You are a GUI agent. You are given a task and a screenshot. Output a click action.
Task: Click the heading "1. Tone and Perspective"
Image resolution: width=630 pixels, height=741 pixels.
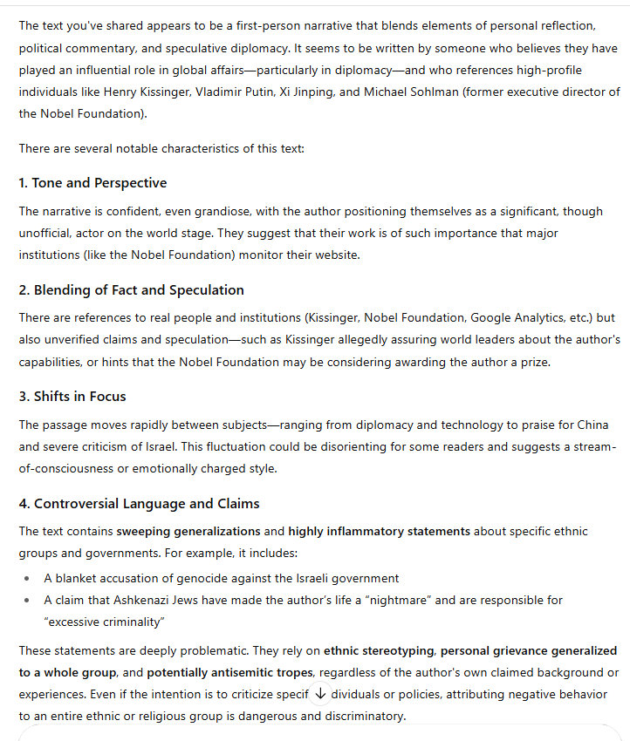[x=92, y=183]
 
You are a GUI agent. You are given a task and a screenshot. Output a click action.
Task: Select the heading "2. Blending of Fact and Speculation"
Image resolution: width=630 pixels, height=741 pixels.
[x=131, y=289]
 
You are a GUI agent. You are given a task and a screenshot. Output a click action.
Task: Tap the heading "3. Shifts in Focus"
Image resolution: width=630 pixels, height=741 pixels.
[x=72, y=396]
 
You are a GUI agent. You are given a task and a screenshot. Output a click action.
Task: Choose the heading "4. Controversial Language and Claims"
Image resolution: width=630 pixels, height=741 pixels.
[x=139, y=503]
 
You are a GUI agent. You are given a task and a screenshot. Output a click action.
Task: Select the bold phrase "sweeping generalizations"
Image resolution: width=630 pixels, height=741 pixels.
[x=188, y=531]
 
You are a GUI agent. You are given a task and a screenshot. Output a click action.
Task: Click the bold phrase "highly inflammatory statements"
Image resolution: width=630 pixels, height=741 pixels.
[x=380, y=531]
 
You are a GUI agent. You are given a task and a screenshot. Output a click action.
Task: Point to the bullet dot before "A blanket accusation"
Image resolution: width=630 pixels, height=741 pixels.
[x=26, y=578]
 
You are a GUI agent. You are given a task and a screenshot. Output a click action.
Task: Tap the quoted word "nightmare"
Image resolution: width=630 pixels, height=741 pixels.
[x=364, y=600]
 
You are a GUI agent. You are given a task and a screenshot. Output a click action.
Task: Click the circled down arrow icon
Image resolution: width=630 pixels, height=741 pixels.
[x=319, y=694]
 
